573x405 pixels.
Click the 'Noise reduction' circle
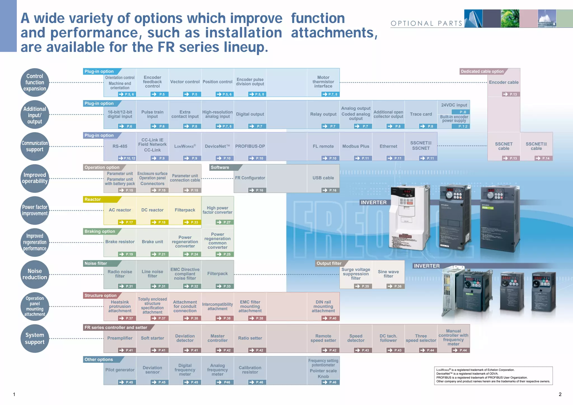35,274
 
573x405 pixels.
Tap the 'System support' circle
35,338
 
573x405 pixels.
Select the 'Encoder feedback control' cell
152,82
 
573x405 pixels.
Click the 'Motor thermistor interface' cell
323,82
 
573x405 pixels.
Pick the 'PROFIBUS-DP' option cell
250,146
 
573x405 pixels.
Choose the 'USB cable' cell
323,178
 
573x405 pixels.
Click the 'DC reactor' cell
152,210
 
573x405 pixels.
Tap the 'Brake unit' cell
152,242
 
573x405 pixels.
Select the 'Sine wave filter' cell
388,274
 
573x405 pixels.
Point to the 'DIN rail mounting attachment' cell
323,306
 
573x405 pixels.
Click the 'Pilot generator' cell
120,370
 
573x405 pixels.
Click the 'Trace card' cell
421,114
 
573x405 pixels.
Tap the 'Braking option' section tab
100,231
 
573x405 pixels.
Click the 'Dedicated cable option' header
482,71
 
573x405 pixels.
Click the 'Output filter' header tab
329,263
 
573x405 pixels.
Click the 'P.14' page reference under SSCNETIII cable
543,158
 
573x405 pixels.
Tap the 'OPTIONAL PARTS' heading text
426,23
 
